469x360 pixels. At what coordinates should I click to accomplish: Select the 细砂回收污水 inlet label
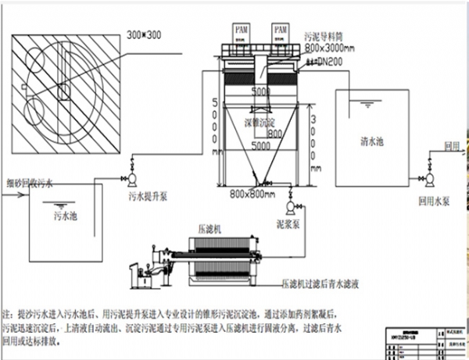(30, 184)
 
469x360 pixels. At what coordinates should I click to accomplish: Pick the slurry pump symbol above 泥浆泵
(292, 205)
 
